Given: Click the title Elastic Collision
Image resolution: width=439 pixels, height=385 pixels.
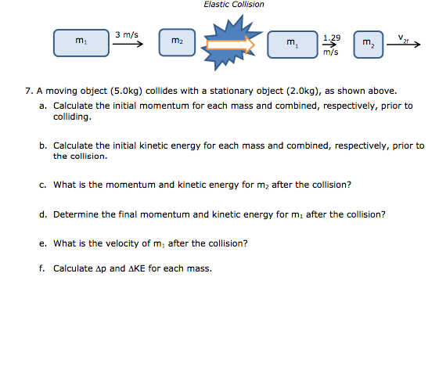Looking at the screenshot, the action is tap(234, 5).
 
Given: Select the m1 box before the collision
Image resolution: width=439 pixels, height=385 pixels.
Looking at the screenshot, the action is tap(81, 42).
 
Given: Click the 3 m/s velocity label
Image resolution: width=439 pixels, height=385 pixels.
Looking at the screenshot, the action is tap(126, 34).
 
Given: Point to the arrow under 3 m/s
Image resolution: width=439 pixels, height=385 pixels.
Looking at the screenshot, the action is tap(129, 45).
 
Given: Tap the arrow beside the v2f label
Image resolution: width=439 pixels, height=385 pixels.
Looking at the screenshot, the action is tap(407, 45).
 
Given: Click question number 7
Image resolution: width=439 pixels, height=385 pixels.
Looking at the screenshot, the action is tap(29, 91).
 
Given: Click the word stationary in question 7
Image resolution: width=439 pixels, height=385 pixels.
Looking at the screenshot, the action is tap(203, 91).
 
